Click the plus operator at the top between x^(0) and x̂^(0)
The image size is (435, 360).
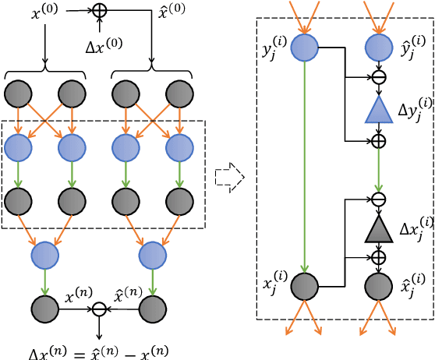tap(99, 11)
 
